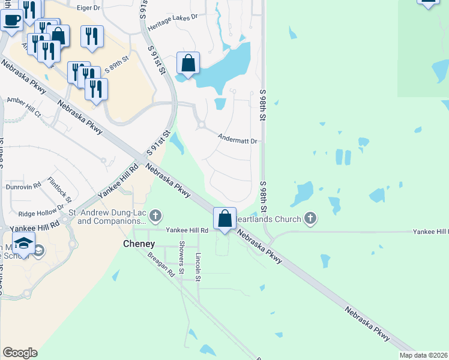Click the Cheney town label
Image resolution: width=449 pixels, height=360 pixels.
(139, 244)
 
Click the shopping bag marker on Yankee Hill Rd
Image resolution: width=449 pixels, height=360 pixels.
(224, 219)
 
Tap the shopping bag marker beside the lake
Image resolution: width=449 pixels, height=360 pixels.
(188, 63)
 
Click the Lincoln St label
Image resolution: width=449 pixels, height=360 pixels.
(198, 267)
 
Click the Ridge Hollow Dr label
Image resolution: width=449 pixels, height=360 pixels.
(41, 212)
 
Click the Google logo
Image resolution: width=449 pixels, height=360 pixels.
(20, 353)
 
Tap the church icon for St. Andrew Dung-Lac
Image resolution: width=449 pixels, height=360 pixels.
(155, 215)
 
